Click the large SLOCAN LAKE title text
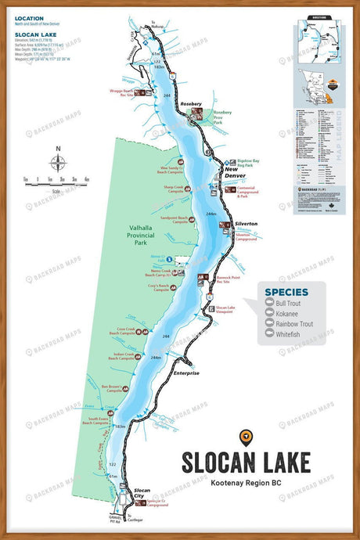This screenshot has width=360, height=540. [x=246, y=461]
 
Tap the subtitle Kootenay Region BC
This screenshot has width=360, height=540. [x=246, y=485]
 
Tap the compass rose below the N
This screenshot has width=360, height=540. [x=58, y=164]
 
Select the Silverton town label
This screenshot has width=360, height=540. [x=246, y=224]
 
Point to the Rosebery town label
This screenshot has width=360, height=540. [x=191, y=103]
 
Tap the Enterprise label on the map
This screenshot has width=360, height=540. [x=185, y=373]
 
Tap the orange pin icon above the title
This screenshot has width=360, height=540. [x=246, y=436]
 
